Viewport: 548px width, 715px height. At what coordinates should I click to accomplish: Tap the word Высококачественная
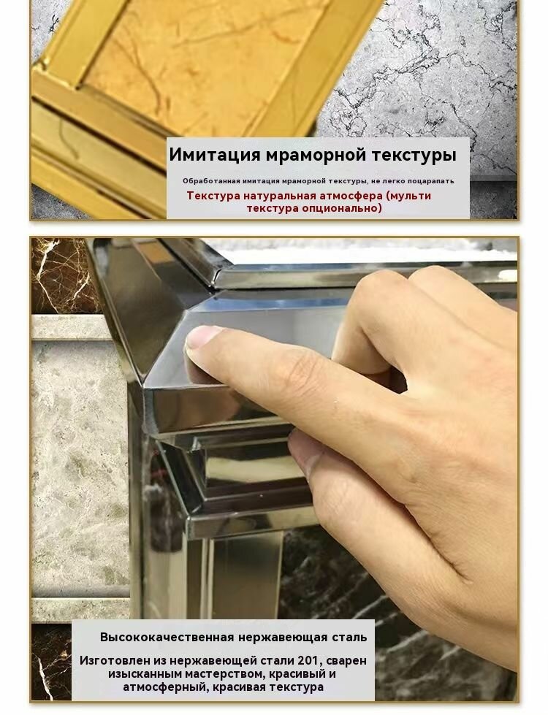pos(167,637)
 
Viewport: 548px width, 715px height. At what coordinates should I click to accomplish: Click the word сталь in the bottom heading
pos(350,637)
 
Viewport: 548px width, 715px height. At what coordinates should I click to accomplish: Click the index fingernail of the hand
pos(200,338)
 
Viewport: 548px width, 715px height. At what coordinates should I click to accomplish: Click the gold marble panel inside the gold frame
pos(201,55)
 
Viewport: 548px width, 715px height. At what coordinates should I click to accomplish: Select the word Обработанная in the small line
pos(211,181)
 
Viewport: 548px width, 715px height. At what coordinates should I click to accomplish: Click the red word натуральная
pos(278,196)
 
